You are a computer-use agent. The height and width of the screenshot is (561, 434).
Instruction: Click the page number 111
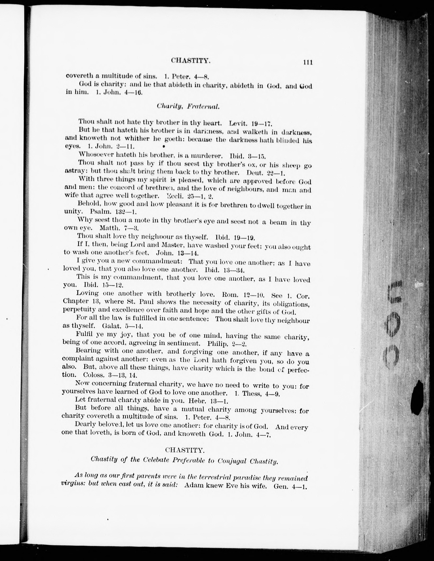tap(308, 62)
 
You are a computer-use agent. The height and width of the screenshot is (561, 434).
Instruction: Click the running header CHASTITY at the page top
tap(191, 61)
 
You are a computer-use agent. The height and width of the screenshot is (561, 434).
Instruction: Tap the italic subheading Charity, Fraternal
tap(188, 106)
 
